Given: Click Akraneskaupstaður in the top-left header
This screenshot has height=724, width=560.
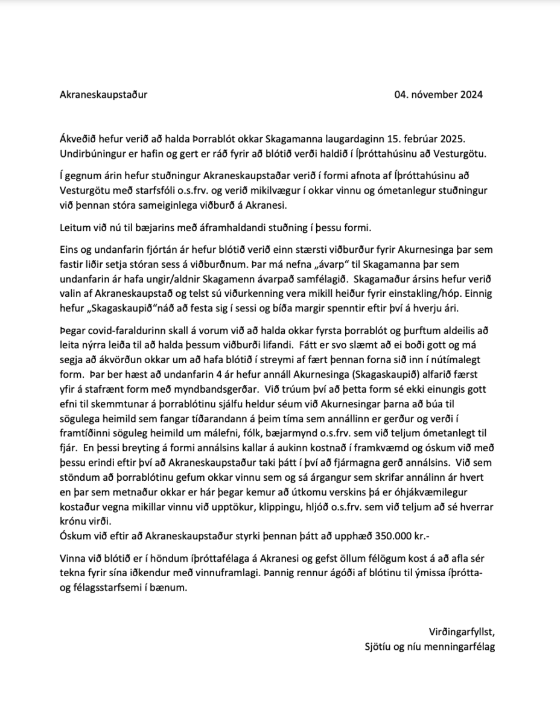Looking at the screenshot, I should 104,95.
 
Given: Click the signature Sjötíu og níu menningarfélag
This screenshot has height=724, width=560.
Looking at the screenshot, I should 430,646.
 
